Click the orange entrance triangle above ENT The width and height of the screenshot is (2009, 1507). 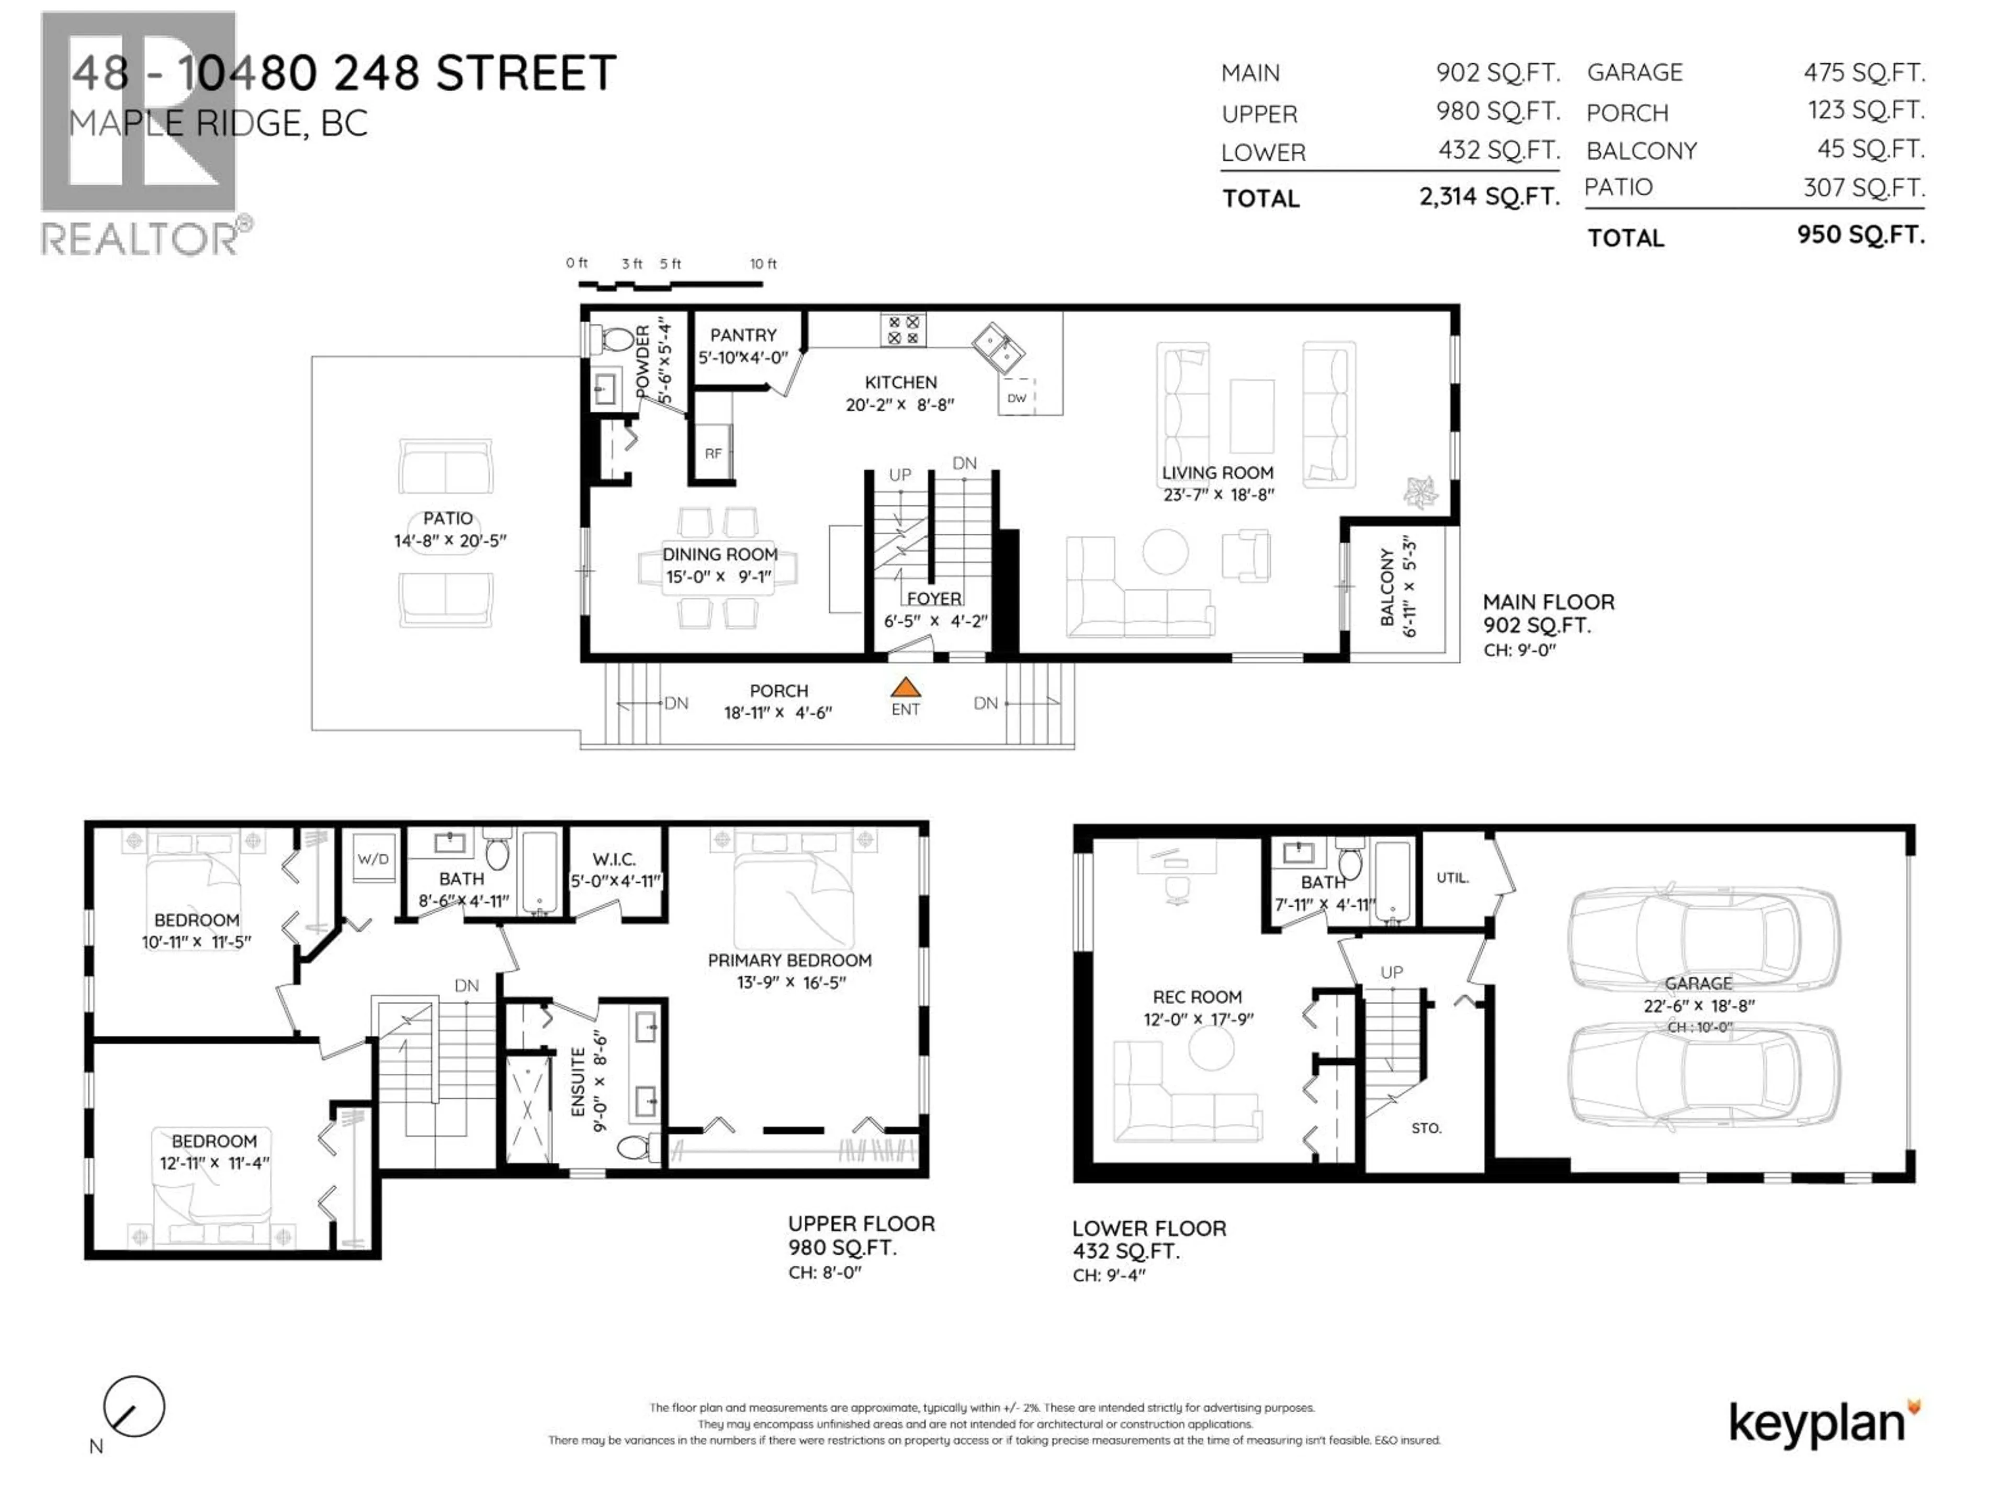click(x=906, y=688)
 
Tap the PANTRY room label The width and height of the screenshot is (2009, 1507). click(x=743, y=335)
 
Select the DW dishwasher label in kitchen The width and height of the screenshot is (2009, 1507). click(x=1017, y=398)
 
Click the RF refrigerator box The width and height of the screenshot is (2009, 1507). click(x=713, y=453)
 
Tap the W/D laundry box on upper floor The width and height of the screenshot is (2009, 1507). click(x=373, y=859)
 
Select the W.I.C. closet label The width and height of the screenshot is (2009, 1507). click(x=614, y=859)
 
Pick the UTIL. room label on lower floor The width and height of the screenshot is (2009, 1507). click(x=1452, y=878)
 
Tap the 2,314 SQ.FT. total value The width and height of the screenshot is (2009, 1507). click(x=1489, y=196)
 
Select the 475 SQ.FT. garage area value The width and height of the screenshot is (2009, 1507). click(x=1864, y=72)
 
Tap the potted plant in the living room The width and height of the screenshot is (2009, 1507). click(x=1419, y=491)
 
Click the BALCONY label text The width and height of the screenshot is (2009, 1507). click(x=1387, y=587)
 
